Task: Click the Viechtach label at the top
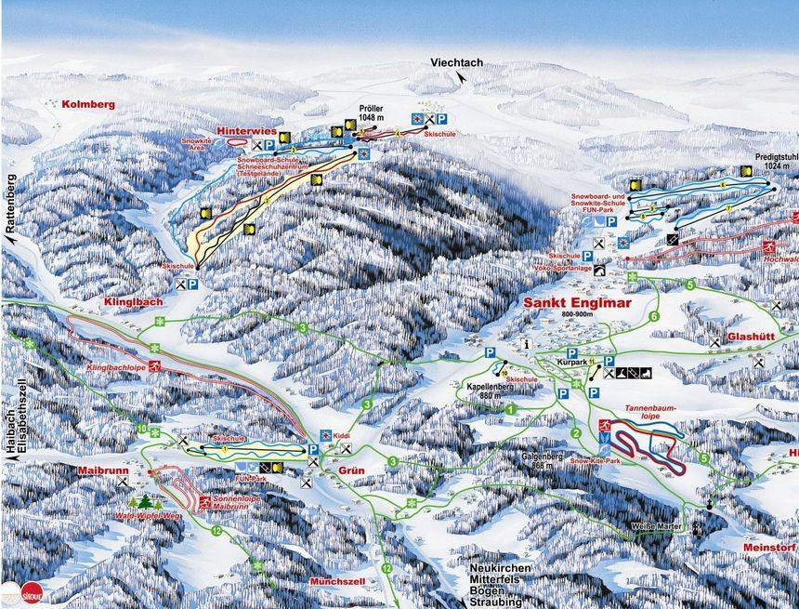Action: coord(457,62)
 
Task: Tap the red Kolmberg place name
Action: coord(88,105)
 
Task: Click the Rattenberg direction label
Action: coord(11,203)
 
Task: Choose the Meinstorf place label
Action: coord(769,548)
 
